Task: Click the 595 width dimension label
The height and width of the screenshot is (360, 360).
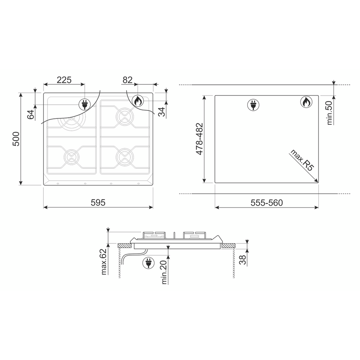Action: click(x=98, y=202)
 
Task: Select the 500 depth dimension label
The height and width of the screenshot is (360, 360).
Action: click(x=16, y=139)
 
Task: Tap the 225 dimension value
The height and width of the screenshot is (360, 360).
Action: click(x=64, y=80)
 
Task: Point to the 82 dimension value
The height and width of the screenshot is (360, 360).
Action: click(x=128, y=80)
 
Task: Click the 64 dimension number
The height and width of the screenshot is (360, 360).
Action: click(x=30, y=114)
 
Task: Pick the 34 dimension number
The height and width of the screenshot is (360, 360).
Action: click(x=162, y=112)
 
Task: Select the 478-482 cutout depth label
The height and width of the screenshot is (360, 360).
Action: click(x=199, y=139)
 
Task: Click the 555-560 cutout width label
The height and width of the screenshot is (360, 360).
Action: click(x=266, y=203)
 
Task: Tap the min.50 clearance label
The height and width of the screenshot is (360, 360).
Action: click(x=330, y=113)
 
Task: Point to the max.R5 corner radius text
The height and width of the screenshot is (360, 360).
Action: click(x=302, y=160)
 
